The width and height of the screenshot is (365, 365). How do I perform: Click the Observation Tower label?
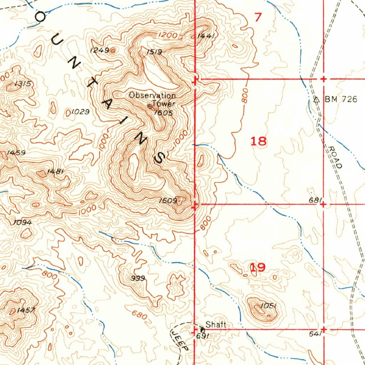click(153, 99)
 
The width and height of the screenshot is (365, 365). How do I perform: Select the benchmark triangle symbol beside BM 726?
click(316, 99)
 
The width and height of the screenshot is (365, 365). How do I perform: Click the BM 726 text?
click(340, 99)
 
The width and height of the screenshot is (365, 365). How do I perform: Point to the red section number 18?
click(258, 141)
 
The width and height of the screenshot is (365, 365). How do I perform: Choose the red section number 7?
click(258, 17)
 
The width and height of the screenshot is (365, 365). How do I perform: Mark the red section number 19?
click(258, 267)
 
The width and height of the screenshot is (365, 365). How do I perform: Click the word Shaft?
click(216, 325)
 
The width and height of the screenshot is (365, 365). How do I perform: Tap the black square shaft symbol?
click(203, 330)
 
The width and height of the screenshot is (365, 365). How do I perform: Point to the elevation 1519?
click(154, 52)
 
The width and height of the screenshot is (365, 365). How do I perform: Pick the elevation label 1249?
click(99, 50)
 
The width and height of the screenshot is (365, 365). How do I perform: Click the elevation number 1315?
click(23, 84)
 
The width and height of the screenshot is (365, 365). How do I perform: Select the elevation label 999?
click(138, 278)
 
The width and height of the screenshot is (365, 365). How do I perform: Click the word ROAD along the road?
click(335, 157)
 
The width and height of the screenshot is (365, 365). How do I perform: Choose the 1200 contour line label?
click(167, 35)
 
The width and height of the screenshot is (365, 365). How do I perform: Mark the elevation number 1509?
click(168, 201)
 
